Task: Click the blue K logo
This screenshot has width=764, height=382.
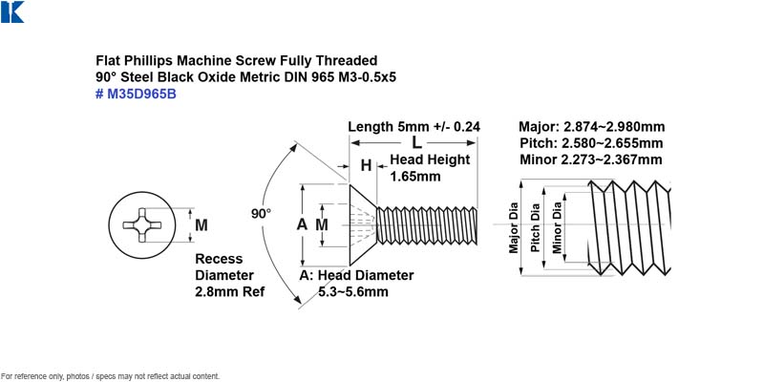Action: point(12,11)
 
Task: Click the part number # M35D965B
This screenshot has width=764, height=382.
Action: point(136,94)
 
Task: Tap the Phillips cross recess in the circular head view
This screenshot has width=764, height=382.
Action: point(141,224)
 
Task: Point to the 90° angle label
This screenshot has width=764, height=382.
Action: point(261,213)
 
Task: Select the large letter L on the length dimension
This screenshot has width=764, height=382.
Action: point(416,142)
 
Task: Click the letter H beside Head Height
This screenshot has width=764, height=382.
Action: point(366,165)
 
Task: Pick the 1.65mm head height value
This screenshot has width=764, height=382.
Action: point(415,176)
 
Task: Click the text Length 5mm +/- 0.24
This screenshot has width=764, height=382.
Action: point(414,127)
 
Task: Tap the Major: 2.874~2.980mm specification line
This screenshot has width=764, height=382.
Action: point(591,127)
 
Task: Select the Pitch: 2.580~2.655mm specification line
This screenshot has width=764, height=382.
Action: point(591,143)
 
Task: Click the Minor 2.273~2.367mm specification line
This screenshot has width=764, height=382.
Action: point(591,159)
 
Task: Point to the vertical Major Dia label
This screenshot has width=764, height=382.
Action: point(514,228)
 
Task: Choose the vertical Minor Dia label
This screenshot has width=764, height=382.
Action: point(557,227)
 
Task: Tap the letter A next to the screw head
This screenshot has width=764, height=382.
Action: point(302,224)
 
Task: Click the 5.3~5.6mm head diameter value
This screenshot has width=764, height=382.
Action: point(353,292)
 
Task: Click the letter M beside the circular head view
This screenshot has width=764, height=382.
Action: point(202,225)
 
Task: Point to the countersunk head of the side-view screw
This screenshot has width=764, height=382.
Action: point(362,225)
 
